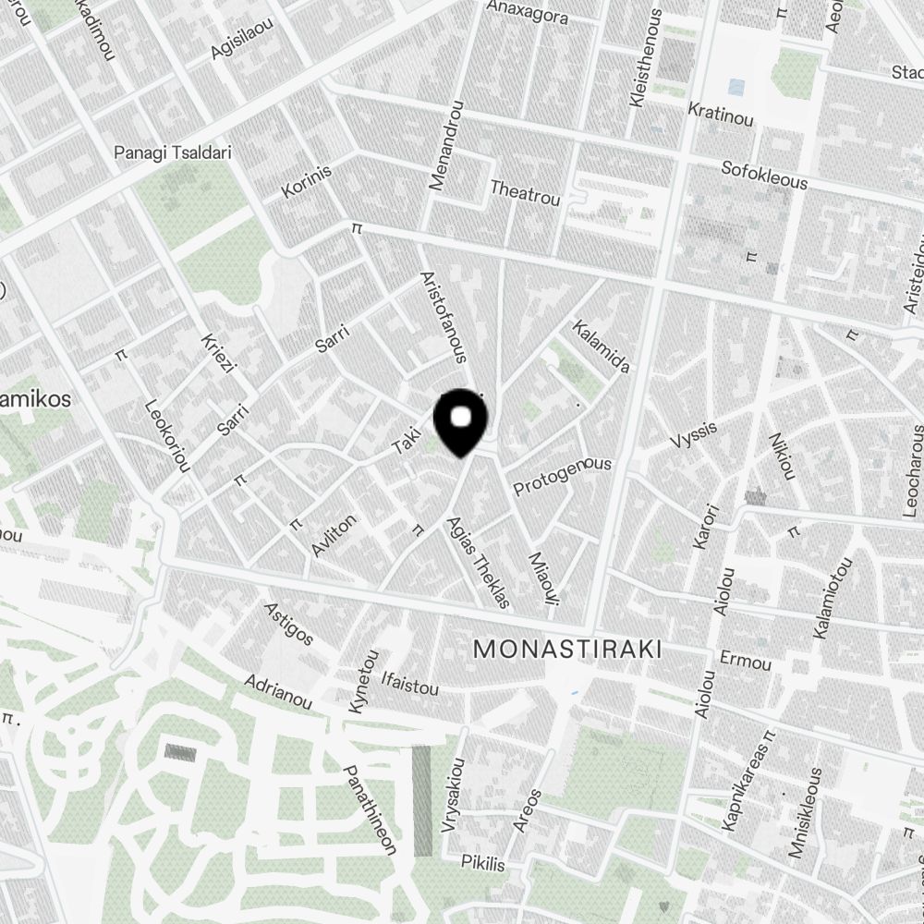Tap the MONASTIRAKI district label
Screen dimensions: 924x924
[x=567, y=650]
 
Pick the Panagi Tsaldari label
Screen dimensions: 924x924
[x=173, y=152]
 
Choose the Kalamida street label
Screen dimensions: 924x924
[x=602, y=346]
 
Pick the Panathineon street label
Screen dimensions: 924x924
[x=371, y=809]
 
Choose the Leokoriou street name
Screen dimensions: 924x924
[x=167, y=435]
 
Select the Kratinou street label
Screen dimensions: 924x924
[x=721, y=114]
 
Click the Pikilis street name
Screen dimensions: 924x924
[x=483, y=864]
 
